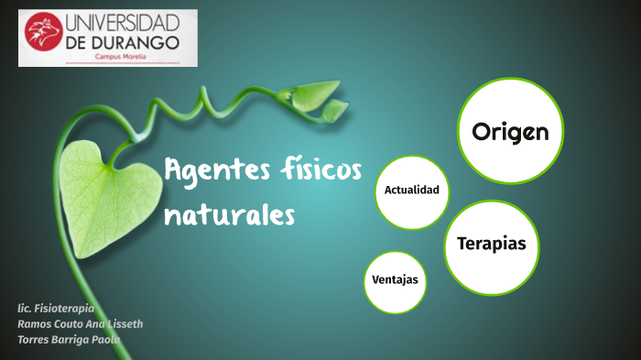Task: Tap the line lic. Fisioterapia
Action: click(x=56, y=309)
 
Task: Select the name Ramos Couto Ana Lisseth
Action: click(x=80, y=324)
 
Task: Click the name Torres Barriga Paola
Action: click(x=69, y=340)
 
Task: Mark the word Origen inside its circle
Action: click(x=510, y=132)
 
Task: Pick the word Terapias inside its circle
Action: click(x=491, y=244)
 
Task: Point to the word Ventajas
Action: click(x=396, y=279)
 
